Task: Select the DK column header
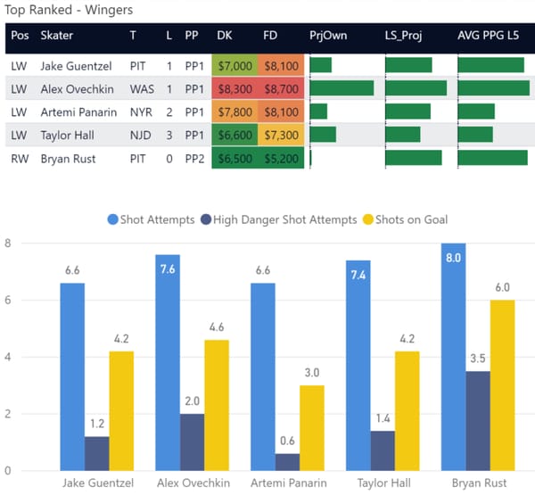click(x=225, y=37)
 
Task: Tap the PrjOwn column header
click(x=328, y=37)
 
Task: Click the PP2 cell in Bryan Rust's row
click(x=192, y=158)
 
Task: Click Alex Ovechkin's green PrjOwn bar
click(x=342, y=88)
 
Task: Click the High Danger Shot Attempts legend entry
click(x=276, y=219)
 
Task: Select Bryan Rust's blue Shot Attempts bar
click(x=459, y=357)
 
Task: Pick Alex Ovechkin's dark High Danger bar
click(x=193, y=442)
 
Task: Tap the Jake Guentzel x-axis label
click(x=97, y=483)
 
